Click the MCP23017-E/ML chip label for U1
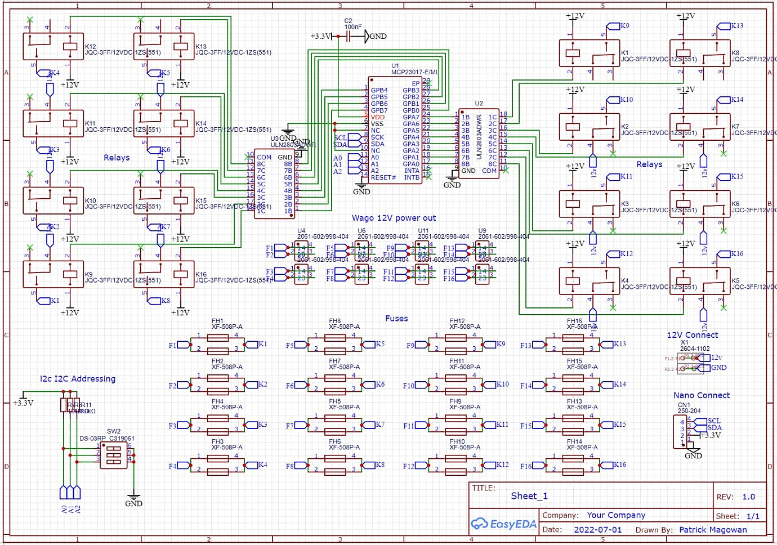pos(415,72)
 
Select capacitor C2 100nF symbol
pos(350,36)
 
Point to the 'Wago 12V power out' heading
pos(394,218)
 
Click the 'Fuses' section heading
pos(396,319)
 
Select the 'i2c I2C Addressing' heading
pos(78,379)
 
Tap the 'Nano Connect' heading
pos(701,395)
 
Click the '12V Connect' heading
pos(692,335)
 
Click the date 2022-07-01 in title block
pos(597,530)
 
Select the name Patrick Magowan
pos(713,530)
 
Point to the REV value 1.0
pos(748,497)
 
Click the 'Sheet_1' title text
pos(529,496)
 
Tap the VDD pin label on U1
pos(378,117)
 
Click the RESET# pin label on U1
pos(383,177)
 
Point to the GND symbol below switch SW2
pos(133,499)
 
